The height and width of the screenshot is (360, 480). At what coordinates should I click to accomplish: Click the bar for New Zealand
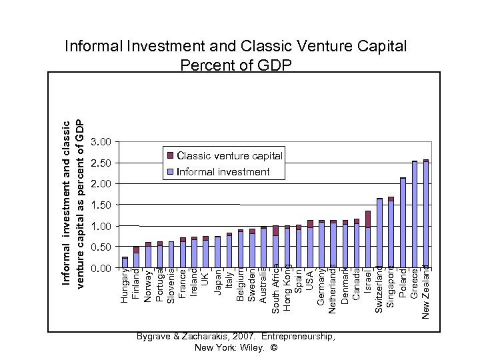[426, 213]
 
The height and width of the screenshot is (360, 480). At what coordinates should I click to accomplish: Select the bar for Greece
[415, 214]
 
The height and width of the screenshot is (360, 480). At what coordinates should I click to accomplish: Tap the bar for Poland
[403, 223]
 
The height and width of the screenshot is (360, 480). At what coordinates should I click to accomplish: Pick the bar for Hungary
[125, 263]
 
